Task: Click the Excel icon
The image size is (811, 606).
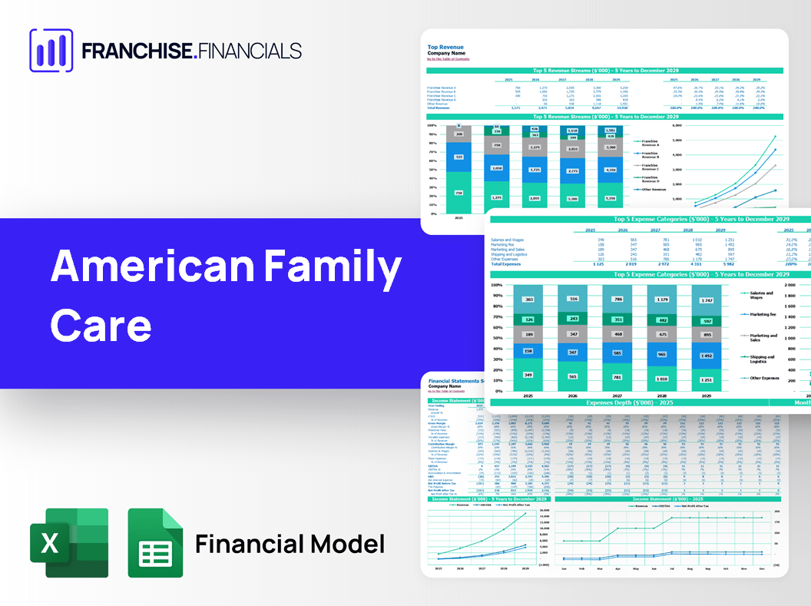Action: [69, 543]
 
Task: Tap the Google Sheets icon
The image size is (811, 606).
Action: [155, 543]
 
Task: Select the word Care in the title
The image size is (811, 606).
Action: [101, 324]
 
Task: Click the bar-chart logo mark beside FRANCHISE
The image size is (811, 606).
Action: [51, 51]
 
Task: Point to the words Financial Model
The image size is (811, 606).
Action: [290, 544]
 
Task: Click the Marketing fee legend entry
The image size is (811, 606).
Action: [762, 314]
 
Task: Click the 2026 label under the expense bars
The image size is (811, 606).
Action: [573, 396]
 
